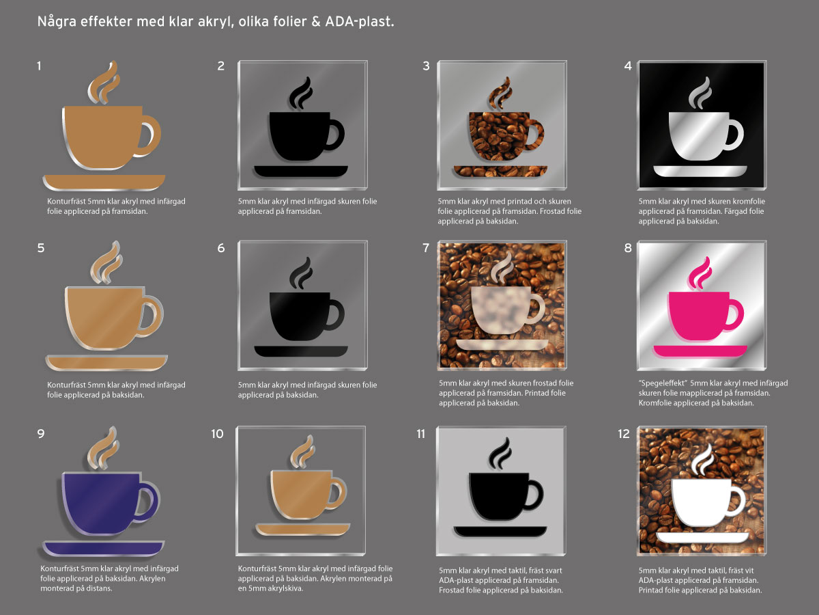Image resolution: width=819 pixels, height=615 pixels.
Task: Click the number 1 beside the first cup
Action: (x=39, y=66)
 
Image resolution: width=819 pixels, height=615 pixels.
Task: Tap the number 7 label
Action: (x=426, y=247)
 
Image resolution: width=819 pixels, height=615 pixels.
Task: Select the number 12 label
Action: (x=624, y=433)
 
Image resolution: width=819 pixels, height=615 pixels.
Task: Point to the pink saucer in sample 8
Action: (x=700, y=351)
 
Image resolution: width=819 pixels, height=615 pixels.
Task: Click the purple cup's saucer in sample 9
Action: (x=103, y=548)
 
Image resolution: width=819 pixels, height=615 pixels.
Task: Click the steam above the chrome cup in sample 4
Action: (x=700, y=93)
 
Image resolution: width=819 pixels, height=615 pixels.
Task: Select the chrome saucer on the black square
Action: (x=700, y=171)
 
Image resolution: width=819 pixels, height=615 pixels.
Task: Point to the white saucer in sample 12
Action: (x=702, y=537)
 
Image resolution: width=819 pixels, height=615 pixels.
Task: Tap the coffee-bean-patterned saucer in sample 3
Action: (x=500, y=171)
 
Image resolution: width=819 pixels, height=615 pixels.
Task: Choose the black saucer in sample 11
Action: (x=500, y=532)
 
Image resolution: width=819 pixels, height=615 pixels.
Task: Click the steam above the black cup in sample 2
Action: (x=301, y=93)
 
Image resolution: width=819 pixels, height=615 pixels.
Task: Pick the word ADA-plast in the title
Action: (x=360, y=22)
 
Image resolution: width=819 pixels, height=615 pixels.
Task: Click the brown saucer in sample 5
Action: (x=106, y=362)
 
